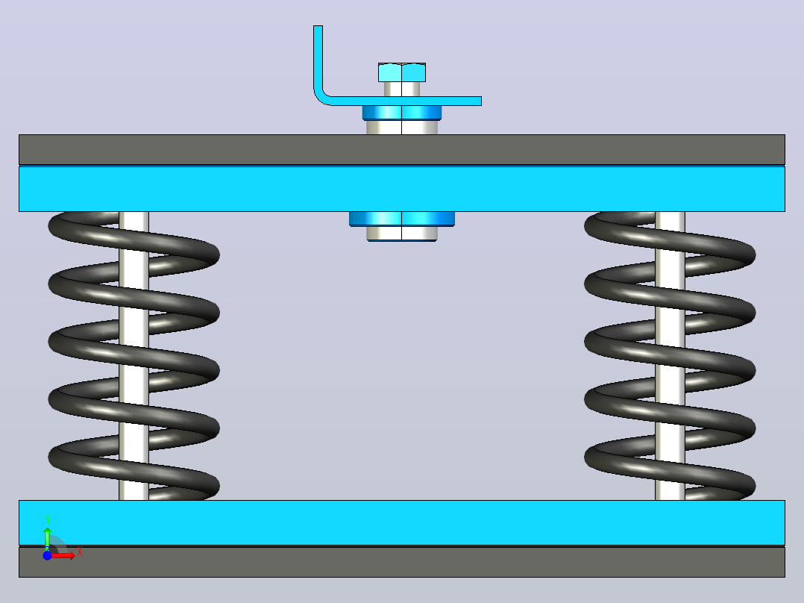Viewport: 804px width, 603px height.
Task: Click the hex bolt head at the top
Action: (402, 72)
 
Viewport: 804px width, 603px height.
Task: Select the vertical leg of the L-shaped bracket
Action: (318, 57)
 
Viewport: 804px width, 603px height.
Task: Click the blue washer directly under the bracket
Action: (402, 113)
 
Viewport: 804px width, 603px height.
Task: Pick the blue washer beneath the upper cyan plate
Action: (402, 219)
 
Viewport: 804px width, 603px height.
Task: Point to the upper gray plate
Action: (402, 150)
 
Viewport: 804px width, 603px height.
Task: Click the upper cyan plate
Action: (402, 189)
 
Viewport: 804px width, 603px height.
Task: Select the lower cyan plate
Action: (402, 522)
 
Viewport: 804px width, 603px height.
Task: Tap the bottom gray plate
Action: (402, 562)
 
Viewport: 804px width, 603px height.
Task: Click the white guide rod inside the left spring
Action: (134, 356)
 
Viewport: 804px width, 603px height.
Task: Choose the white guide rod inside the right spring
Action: (670, 356)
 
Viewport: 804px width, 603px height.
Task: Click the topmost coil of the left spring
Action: (134, 239)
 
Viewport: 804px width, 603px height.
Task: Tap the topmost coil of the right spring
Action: (670, 239)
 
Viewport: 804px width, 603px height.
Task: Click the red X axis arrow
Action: (63, 556)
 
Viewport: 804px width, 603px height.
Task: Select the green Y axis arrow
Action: (47, 538)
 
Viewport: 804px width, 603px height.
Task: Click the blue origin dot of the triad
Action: (47, 556)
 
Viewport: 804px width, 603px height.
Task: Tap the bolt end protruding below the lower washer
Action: (402, 234)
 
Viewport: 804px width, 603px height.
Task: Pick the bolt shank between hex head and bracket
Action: (402, 90)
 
